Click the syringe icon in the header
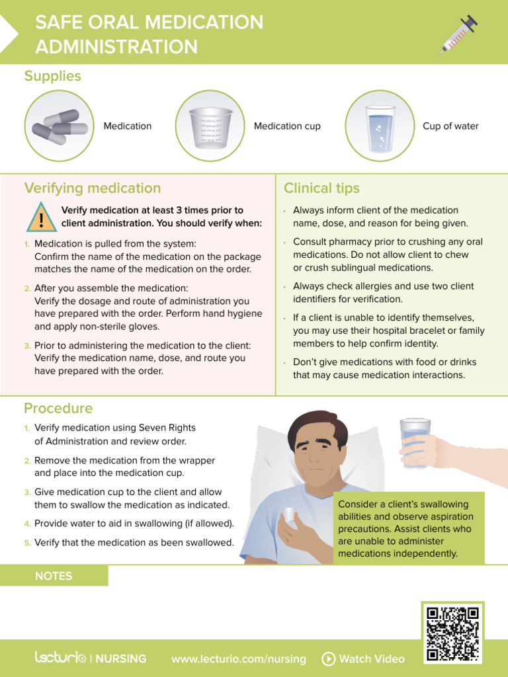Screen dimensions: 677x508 458,35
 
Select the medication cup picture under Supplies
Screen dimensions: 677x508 211,126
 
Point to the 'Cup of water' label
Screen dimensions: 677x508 450,126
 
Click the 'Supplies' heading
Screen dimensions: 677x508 53,76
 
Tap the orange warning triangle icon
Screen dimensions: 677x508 41,218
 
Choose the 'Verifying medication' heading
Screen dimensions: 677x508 93,188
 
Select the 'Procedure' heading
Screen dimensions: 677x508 58,408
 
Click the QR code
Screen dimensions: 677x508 453,633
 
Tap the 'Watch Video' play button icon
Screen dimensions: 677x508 328,658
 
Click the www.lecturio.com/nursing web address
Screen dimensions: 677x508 238,658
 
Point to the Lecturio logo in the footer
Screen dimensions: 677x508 60,658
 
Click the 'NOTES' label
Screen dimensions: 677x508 54,576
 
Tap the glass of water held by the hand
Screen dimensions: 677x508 415,443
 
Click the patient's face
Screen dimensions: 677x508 317,451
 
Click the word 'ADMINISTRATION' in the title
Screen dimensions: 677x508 116,47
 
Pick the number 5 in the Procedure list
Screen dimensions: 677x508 28,543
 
